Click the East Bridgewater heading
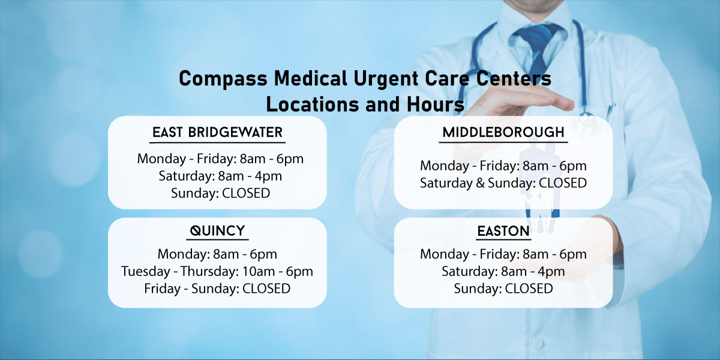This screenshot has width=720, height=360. pos(217,132)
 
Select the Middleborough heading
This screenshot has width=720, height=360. pos(503,132)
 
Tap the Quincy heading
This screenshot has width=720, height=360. pos(217,231)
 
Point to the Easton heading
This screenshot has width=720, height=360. pos(503,231)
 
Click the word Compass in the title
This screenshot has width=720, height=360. pos(223,79)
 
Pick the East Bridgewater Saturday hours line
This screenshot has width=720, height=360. pos(220,176)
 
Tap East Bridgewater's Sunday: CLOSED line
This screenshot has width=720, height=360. pos(220,193)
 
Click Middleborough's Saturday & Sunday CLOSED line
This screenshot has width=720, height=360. pos(503,183)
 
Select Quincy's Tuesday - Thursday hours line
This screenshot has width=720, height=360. pos(217,271)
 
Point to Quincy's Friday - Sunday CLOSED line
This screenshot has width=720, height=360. pos(217,289)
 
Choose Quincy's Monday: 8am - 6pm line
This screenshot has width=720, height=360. pos(217,254)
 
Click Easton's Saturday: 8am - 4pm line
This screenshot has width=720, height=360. pos(503,271)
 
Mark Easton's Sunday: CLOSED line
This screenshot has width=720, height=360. pos(503,289)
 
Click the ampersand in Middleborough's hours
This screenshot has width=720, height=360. pos(480,183)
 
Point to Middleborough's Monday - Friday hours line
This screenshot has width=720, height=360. pos(503,166)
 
